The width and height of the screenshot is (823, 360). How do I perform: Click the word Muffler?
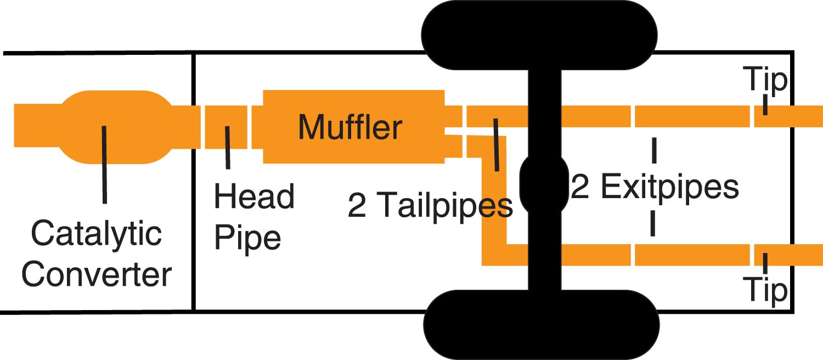click(x=350, y=127)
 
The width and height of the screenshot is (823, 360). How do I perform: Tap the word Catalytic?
click(x=97, y=234)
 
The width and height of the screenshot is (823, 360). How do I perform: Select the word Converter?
click(x=97, y=274)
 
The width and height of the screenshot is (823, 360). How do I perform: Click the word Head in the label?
click(x=254, y=196)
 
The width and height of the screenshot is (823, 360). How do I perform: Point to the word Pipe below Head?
click(x=247, y=237)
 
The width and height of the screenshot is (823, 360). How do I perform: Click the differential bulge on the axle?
click(x=544, y=183)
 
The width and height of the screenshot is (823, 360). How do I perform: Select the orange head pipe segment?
click(x=226, y=127)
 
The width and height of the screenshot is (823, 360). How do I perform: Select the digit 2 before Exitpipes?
click(x=579, y=187)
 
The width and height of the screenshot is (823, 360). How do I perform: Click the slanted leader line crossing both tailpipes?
click(x=496, y=145)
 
